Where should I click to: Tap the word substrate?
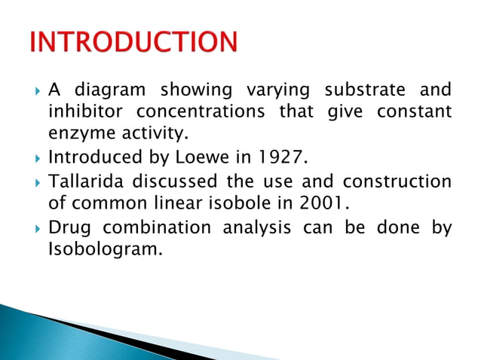(365, 90)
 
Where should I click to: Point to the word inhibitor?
(84, 113)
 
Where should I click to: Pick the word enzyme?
(73, 136)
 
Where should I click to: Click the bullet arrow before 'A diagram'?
(35, 91)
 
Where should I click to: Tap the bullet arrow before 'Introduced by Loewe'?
(35, 160)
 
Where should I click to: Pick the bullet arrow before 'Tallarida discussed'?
(35, 182)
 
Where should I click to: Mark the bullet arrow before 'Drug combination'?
(35, 227)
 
